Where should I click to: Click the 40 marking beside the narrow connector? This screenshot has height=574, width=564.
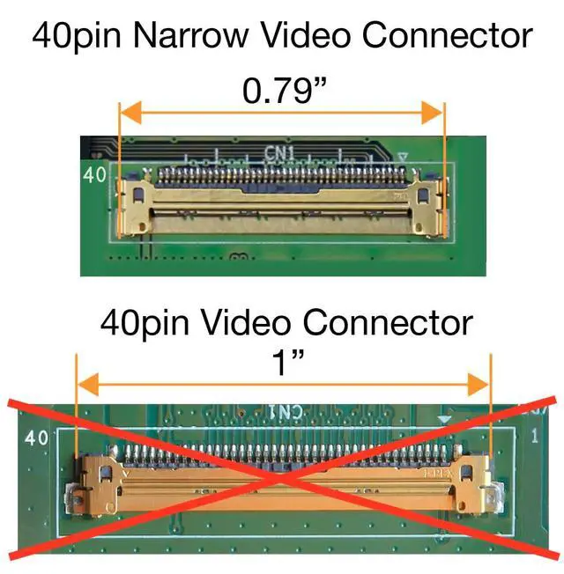click(x=94, y=175)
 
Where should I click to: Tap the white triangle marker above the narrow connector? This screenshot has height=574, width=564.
click(x=404, y=158)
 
